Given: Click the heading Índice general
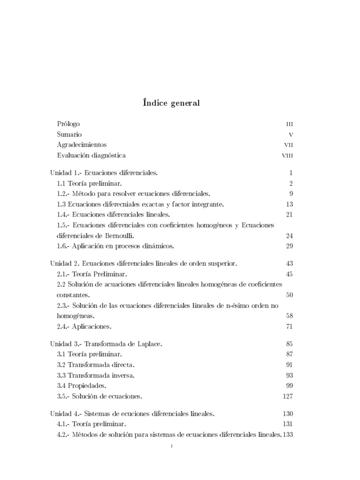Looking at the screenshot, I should coord(171,103).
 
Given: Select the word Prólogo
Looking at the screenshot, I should coord(68,124).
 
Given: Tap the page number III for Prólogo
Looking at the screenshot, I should coord(290,125).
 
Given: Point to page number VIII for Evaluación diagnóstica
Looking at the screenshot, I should coord(287,156).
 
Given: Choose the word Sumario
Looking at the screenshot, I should coord(69,135).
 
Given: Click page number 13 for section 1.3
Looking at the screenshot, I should coord(289,204).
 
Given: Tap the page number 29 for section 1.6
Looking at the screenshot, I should coord(289,246).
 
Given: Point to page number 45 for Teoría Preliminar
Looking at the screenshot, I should coord(289,274).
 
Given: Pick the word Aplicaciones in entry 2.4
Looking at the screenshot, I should coord(93,326).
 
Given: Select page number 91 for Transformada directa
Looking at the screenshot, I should coord(289,365).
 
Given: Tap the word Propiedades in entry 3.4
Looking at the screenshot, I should coord(87,385).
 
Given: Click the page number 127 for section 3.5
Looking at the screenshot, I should coord(287,396).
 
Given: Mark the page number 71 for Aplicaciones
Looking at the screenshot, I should coord(289,326).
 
